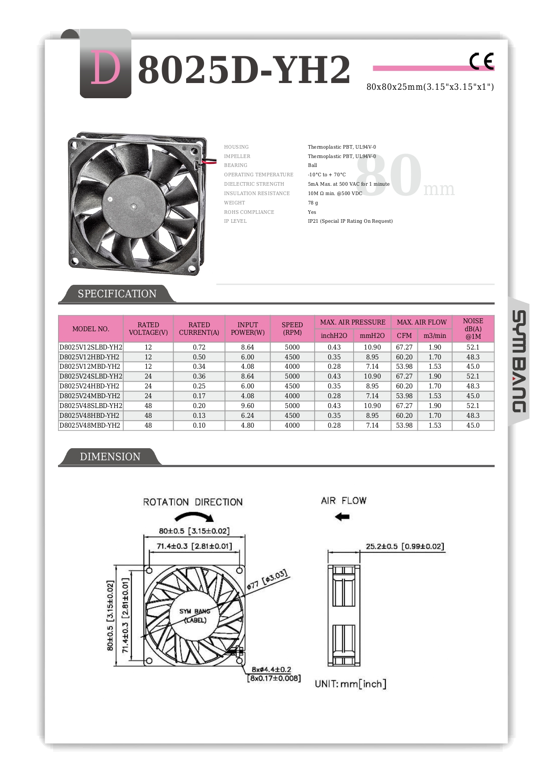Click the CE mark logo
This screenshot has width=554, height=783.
pos(481,61)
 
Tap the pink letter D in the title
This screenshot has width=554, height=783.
pos(105,68)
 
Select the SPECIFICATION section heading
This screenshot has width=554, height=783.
pos(117,294)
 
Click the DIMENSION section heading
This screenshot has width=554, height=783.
pos(110,457)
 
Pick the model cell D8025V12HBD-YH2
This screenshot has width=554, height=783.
pos(90,357)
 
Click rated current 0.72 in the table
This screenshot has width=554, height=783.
pos(199,347)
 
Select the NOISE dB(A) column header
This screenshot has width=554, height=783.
pos(473,329)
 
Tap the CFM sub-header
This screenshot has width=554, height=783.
pos(404,336)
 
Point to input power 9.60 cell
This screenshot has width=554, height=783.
pos(247,406)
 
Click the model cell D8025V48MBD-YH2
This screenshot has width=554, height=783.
pos(90,425)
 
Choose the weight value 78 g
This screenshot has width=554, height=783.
pos(313,203)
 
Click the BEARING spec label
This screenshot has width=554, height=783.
pos(236,165)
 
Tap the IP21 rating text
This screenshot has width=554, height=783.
pos(350,221)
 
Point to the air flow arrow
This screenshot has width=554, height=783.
pos(342,517)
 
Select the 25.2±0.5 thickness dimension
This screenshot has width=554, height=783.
pos(404,546)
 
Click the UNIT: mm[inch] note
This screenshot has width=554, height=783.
pos(350,684)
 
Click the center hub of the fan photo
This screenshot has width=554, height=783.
pos(133,206)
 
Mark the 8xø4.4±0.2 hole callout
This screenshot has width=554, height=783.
pos(271,670)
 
